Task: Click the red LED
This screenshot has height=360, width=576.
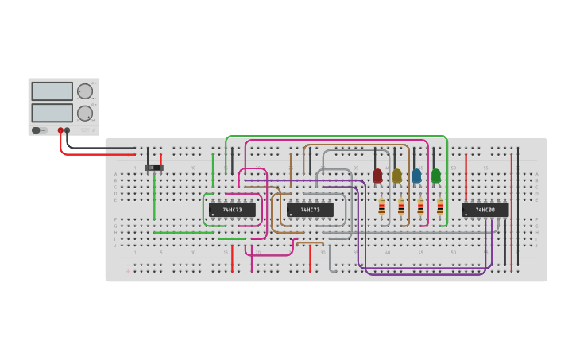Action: pyautogui.click(x=377, y=176)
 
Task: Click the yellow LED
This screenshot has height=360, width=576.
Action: pyautogui.click(x=397, y=176)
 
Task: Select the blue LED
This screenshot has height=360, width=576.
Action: pyautogui.click(x=416, y=176)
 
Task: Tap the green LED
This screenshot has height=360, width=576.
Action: pyautogui.click(x=436, y=176)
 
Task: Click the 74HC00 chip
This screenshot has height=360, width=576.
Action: pyautogui.click(x=485, y=210)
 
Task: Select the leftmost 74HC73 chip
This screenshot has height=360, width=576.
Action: pyautogui.click(x=232, y=210)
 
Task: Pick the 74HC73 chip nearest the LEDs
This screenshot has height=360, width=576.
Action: pyautogui.click(x=310, y=210)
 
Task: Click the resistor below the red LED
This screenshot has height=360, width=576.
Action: pyautogui.click(x=381, y=207)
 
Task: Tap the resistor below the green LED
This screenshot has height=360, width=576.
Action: pyautogui.click(x=440, y=207)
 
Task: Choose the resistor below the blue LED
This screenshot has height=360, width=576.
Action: pyautogui.click(x=420, y=207)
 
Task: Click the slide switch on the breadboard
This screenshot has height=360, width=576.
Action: pyautogui.click(x=153, y=168)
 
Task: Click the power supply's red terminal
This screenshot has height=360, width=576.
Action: pyautogui.click(x=60, y=130)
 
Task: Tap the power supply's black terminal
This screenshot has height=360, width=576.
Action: pyautogui.click(x=68, y=130)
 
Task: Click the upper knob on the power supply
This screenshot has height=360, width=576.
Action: pyautogui.click(x=84, y=91)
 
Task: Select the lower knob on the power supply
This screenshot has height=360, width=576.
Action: pyautogui.click(x=84, y=113)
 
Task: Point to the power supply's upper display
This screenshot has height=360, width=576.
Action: pyautogui.click(x=52, y=91)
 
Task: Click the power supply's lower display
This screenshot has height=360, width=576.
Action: pyautogui.click(x=52, y=113)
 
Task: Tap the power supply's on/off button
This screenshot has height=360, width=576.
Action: pyautogui.click(x=37, y=130)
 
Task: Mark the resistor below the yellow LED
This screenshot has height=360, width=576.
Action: pyautogui.click(x=401, y=207)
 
